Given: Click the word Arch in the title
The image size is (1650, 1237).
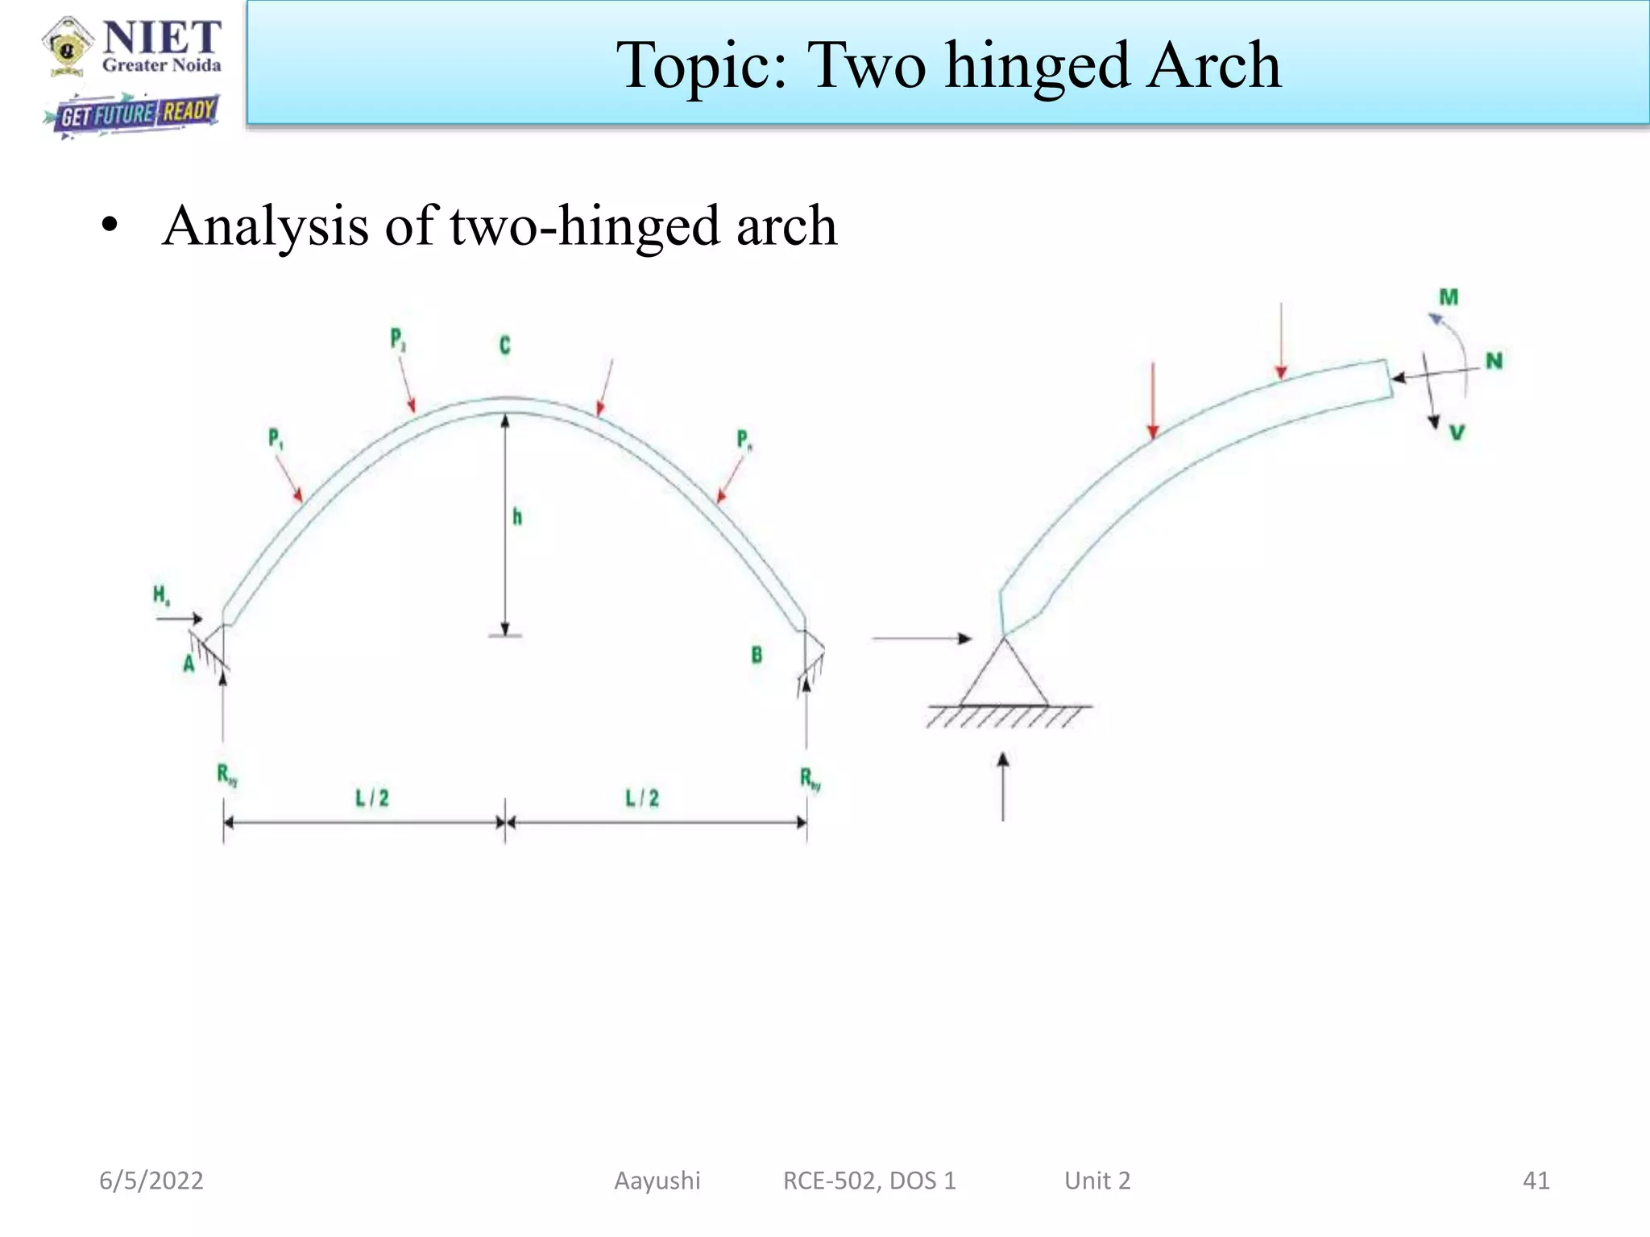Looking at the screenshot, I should [1214, 66].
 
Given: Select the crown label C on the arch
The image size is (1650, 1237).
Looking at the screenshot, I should [504, 345].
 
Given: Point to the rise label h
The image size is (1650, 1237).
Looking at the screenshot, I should [517, 517].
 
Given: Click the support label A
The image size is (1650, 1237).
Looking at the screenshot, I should [189, 664].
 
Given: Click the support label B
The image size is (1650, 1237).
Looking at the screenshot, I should [757, 655].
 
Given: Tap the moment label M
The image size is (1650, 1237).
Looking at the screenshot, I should [1449, 297].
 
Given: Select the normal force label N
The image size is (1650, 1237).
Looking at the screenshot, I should [1495, 361].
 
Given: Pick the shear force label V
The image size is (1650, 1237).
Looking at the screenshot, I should [1457, 433].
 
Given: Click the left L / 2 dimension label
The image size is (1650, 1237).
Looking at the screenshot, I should [372, 798].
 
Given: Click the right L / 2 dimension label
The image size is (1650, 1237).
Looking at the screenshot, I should [642, 798].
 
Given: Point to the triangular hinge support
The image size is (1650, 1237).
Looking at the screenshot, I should [1004, 676].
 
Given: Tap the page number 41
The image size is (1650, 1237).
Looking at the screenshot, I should [1536, 1181].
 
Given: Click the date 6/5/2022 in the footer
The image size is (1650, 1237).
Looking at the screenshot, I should [151, 1181].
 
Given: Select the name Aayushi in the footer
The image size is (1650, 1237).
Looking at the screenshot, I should [657, 1181].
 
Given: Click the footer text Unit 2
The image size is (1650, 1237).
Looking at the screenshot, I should [1097, 1181].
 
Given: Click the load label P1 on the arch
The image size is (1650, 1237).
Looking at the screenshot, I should [275, 439].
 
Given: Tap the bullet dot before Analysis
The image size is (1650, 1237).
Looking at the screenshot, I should [110, 226].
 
